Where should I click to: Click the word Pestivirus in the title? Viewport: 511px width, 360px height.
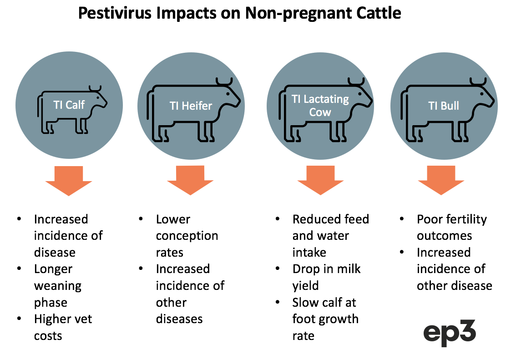click(115, 13)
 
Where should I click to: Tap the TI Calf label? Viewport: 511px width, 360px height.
click(69, 105)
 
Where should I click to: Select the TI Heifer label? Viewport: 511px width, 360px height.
click(191, 106)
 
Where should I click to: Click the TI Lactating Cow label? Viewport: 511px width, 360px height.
click(320, 105)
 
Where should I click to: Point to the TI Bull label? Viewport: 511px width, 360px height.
click(444, 106)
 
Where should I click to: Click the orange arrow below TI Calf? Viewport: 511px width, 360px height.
click(69, 181)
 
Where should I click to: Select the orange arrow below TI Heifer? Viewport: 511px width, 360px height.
click(190, 180)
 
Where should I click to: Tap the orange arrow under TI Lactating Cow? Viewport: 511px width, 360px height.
click(321, 180)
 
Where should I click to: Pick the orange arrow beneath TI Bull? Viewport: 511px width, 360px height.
click(441, 180)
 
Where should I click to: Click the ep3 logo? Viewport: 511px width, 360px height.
click(450, 333)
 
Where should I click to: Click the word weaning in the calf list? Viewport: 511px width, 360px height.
click(58, 286)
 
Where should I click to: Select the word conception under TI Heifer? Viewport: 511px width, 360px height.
click(187, 236)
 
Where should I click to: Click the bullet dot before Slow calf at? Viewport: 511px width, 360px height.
click(277, 302)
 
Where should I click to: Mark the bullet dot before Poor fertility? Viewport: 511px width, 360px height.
click(402, 219)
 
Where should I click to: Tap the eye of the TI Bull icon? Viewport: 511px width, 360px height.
click(482, 94)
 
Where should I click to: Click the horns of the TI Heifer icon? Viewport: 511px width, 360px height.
click(224, 81)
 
